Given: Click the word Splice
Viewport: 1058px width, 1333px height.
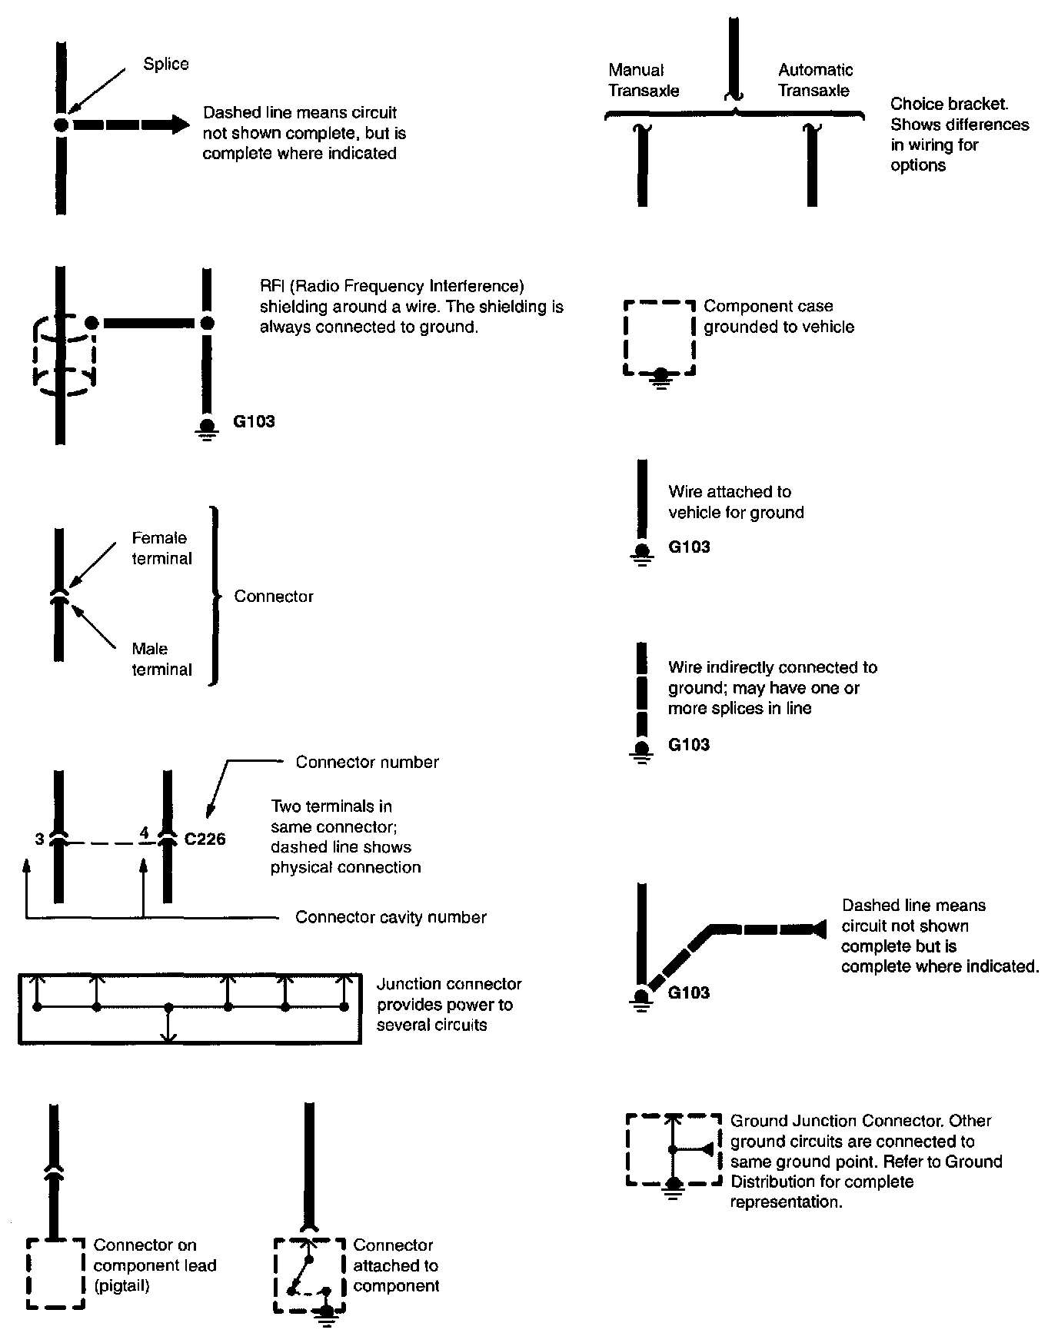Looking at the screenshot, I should (x=165, y=64).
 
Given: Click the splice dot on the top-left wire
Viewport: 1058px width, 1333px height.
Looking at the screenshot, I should (x=62, y=125).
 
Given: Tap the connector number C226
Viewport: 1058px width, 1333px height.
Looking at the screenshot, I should (x=205, y=839).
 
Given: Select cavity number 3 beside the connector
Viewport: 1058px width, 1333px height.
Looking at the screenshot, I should (x=39, y=839).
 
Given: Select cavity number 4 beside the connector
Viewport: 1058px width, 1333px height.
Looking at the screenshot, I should (x=144, y=833).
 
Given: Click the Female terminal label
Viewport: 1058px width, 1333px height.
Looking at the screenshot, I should (x=161, y=548).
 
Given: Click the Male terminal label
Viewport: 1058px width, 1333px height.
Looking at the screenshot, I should (x=161, y=659).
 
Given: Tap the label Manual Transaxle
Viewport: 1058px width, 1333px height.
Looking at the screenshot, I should (x=644, y=80).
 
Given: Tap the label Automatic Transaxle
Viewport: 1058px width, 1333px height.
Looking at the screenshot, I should (x=815, y=80).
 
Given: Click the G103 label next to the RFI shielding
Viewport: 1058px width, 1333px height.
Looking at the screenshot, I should (x=254, y=421).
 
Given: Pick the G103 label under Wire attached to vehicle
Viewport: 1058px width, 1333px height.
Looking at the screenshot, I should (x=689, y=547).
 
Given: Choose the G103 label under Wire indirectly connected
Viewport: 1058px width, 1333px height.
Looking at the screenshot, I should (x=689, y=744).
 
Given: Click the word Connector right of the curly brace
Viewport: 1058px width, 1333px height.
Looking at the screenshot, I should (x=274, y=597).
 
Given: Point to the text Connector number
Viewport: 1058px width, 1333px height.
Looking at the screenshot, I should (x=367, y=762).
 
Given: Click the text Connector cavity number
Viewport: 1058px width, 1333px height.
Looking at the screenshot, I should (x=391, y=917).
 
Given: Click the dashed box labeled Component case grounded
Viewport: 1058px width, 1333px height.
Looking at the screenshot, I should (x=660, y=338).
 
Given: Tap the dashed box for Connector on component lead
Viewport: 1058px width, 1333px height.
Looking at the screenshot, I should (x=55, y=1272).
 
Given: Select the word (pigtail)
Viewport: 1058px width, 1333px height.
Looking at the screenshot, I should (x=121, y=1286).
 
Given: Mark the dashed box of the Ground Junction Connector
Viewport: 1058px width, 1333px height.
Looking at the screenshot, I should (x=674, y=1150).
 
